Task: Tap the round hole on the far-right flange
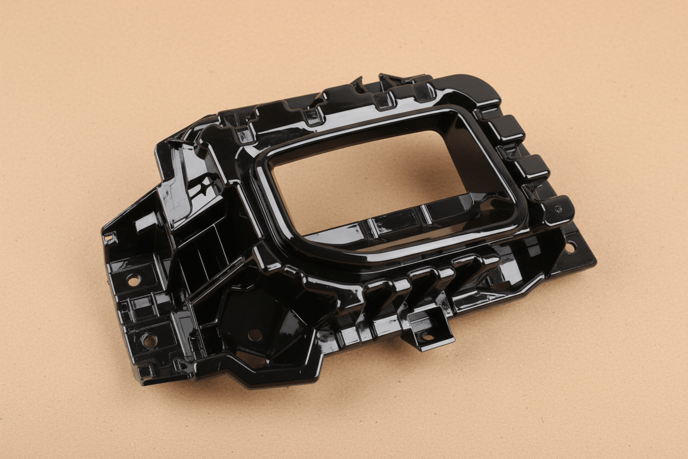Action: pos(570,247)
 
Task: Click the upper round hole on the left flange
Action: pos(133,280)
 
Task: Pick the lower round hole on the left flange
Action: pos(148,340)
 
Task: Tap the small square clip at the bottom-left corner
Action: pos(146,372)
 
